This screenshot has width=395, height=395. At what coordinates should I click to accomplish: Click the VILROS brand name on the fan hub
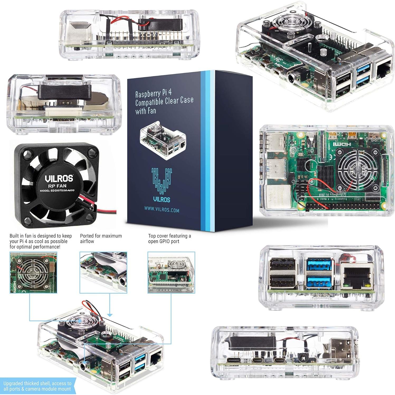click(58, 178)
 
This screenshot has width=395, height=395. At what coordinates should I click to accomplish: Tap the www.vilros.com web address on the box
click(161, 210)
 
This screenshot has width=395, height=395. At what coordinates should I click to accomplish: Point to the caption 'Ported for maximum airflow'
click(101, 239)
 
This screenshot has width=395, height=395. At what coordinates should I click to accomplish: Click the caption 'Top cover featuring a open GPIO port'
click(169, 239)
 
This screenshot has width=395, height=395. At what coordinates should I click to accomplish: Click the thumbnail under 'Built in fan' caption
click(33, 273)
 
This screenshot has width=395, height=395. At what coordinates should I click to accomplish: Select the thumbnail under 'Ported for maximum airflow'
click(103, 273)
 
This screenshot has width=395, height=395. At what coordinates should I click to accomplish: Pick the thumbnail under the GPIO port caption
click(171, 273)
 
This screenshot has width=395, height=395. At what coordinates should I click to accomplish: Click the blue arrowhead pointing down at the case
click(110, 315)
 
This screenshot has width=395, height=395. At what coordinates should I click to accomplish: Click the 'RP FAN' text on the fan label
click(59, 186)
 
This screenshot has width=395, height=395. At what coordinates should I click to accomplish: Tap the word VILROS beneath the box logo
click(161, 199)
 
